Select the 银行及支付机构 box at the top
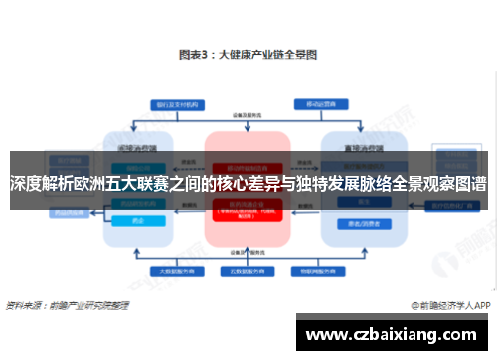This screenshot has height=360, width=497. [176, 103]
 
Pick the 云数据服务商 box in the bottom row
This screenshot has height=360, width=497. [247, 270]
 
